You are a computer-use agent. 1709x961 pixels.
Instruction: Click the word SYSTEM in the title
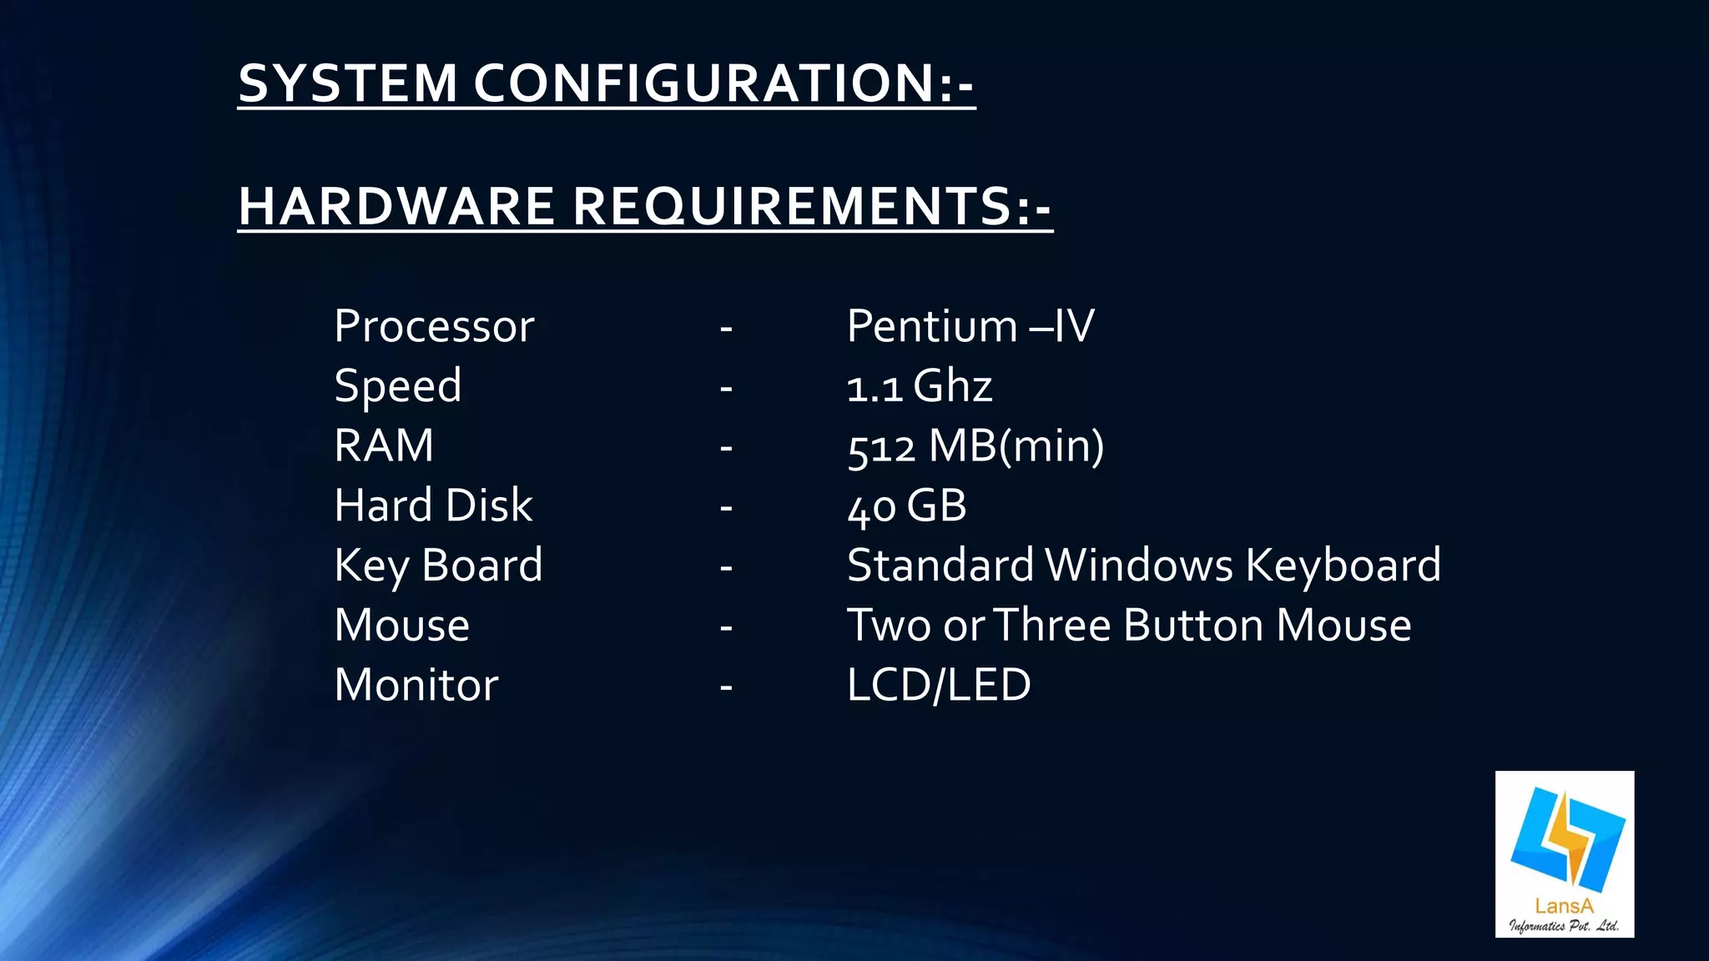point(348,83)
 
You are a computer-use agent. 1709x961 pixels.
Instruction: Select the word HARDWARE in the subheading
point(396,206)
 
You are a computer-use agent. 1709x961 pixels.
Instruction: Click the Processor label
point(434,326)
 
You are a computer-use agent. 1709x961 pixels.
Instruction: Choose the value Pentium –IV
point(970,326)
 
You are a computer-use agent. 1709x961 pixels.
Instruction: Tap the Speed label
point(398,386)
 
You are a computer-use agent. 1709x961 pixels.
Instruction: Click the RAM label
point(384,445)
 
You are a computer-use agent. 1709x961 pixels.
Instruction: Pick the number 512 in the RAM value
point(881,448)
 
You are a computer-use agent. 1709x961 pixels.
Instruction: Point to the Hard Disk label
point(433,506)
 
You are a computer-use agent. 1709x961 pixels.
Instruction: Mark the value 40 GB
point(907,506)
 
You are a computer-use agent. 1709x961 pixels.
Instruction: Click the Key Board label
point(438,566)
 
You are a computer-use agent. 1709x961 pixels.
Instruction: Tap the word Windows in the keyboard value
point(1139,566)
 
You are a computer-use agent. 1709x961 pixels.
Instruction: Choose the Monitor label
point(416,686)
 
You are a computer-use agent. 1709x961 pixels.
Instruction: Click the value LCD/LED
point(939,686)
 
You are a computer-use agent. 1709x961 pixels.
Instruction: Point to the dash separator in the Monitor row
point(726,687)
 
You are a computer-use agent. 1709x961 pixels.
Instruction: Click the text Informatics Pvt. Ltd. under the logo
point(1564,925)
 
